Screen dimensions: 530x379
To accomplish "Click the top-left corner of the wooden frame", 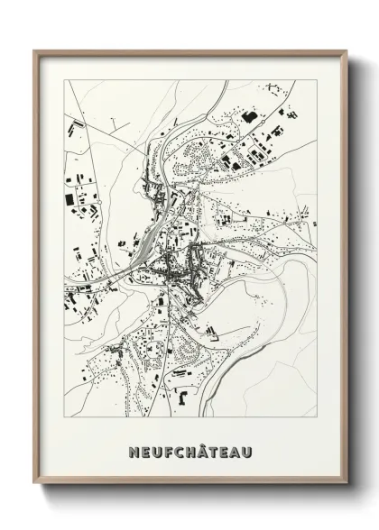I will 34,50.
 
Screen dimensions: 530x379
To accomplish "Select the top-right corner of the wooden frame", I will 347,50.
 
